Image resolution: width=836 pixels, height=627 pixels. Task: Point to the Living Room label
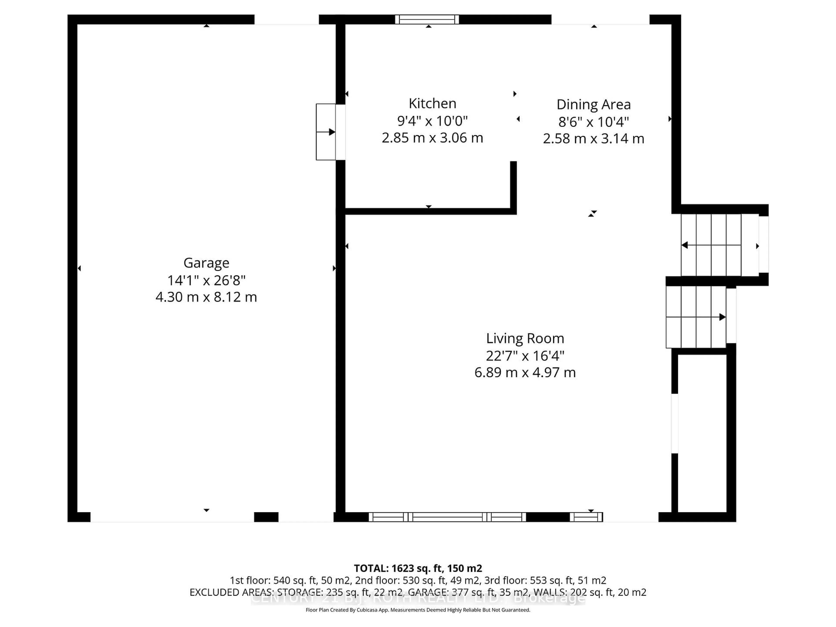[525, 338]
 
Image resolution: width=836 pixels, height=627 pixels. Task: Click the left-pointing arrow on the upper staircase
[684, 245]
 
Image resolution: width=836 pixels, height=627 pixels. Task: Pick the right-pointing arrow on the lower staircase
[722, 317]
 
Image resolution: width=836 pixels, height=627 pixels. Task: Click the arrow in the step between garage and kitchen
[331, 132]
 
